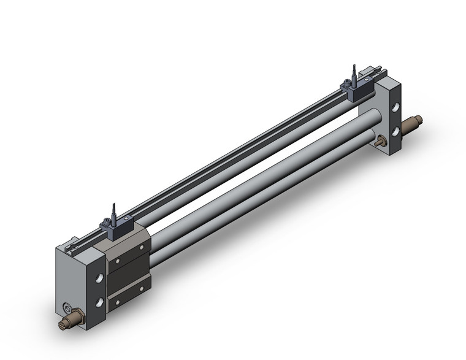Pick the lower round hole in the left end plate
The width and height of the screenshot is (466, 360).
pos(98,302)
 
